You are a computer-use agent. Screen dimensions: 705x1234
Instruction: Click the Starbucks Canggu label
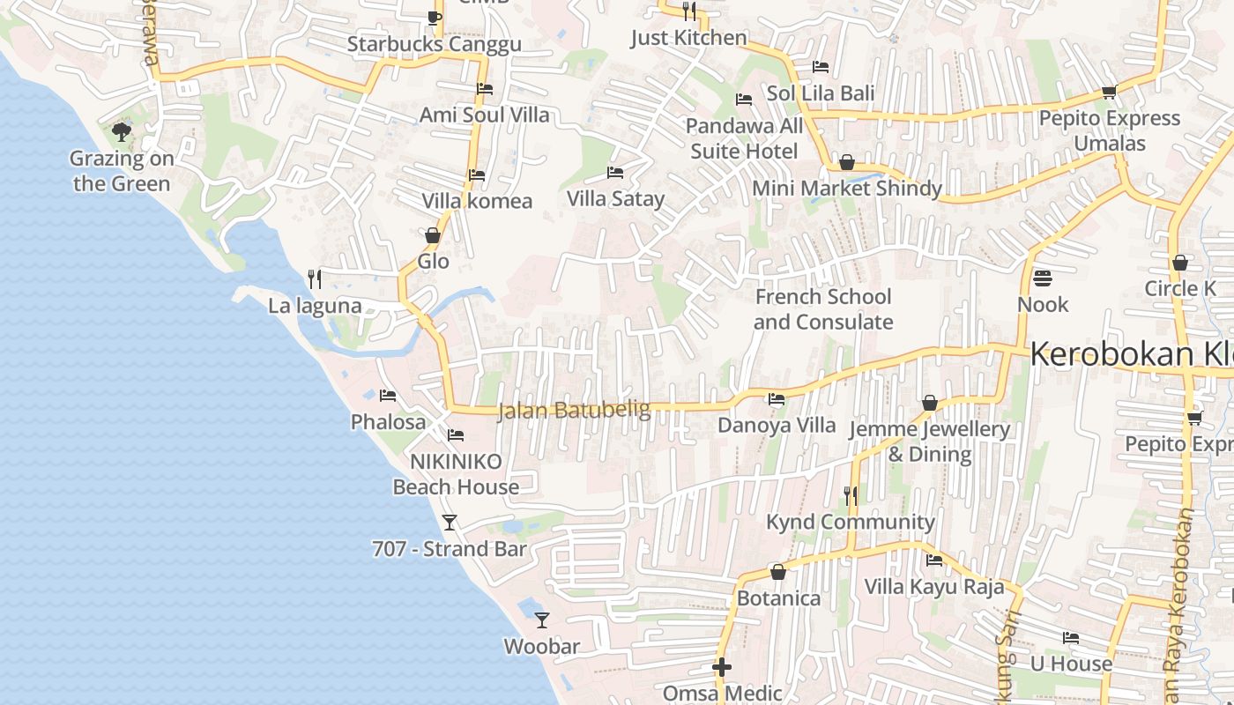(434, 44)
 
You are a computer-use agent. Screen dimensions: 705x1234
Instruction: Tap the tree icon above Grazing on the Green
(122, 132)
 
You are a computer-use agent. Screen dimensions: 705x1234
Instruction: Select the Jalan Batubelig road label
(574, 410)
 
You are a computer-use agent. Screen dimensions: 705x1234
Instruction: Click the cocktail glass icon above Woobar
(542, 620)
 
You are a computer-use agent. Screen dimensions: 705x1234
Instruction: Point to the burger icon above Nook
(1043, 278)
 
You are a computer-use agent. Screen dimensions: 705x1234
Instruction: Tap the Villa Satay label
(615, 198)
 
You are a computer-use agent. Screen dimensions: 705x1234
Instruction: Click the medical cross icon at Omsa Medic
(722, 667)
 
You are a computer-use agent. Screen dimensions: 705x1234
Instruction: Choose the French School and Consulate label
(823, 309)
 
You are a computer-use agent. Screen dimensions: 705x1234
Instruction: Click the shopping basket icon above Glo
(433, 235)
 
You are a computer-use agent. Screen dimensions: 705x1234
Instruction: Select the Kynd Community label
(851, 522)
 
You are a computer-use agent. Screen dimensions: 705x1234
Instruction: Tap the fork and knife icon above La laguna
(315, 279)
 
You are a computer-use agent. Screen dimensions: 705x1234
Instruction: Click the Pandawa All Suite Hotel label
(744, 138)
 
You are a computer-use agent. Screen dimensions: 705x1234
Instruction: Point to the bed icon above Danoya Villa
(776, 399)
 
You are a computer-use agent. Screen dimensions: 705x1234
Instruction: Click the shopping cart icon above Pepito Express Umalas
(1109, 93)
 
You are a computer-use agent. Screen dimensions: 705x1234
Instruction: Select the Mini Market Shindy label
(847, 188)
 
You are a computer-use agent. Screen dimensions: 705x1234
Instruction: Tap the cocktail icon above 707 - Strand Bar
(450, 523)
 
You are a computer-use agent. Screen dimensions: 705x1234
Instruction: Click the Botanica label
(778, 598)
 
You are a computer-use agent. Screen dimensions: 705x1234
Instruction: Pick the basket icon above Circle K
(1180, 263)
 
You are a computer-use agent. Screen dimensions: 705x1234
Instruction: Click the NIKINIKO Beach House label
(456, 474)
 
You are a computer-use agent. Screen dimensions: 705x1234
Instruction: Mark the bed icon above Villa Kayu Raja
(934, 560)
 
